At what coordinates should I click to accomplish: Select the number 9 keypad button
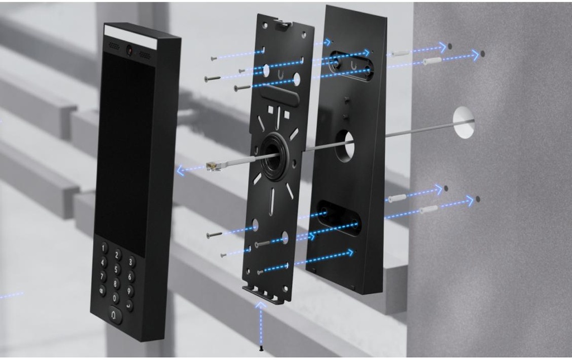click(129, 291)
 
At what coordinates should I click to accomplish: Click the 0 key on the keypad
click(115, 297)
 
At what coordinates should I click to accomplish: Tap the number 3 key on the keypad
click(131, 262)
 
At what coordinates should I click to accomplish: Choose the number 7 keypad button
click(103, 276)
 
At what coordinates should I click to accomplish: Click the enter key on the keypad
click(129, 305)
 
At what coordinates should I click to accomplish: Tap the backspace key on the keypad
click(102, 290)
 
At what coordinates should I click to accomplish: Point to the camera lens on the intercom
click(130, 50)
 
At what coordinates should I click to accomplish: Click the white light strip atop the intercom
click(130, 36)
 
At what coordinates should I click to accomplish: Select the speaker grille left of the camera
click(114, 46)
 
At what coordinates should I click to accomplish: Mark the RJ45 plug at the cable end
click(212, 165)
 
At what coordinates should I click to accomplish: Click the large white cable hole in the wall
click(464, 122)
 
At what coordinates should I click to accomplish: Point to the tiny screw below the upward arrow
click(261, 349)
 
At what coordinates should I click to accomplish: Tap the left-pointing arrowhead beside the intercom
click(180, 170)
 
